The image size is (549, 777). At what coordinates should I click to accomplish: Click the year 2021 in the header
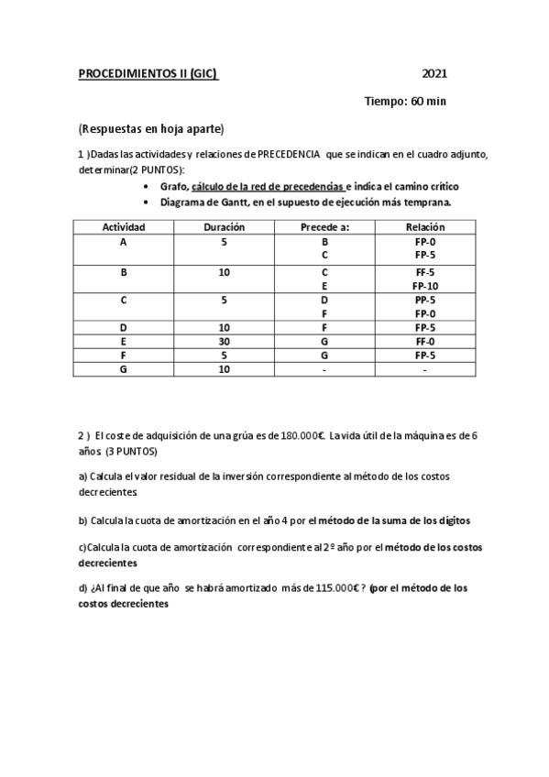[434, 74]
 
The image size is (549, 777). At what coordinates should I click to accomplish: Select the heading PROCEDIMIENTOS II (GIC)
[148, 74]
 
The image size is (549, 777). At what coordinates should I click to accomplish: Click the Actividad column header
[123, 227]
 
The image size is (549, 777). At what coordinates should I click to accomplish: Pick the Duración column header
[224, 227]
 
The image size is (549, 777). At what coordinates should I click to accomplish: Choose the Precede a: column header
[324, 227]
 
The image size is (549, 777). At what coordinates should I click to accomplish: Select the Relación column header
[424, 227]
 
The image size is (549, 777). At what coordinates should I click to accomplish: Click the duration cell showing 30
[224, 341]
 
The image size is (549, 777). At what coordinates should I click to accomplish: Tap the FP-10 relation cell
[424, 285]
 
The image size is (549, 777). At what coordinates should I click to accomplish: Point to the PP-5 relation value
[424, 299]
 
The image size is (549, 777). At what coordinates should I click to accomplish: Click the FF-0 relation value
[424, 341]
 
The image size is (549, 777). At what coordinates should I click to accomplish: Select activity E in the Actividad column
[123, 341]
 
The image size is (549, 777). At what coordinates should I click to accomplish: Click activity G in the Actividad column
[123, 369]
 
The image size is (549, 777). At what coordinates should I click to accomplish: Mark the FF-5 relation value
[424, 271]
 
